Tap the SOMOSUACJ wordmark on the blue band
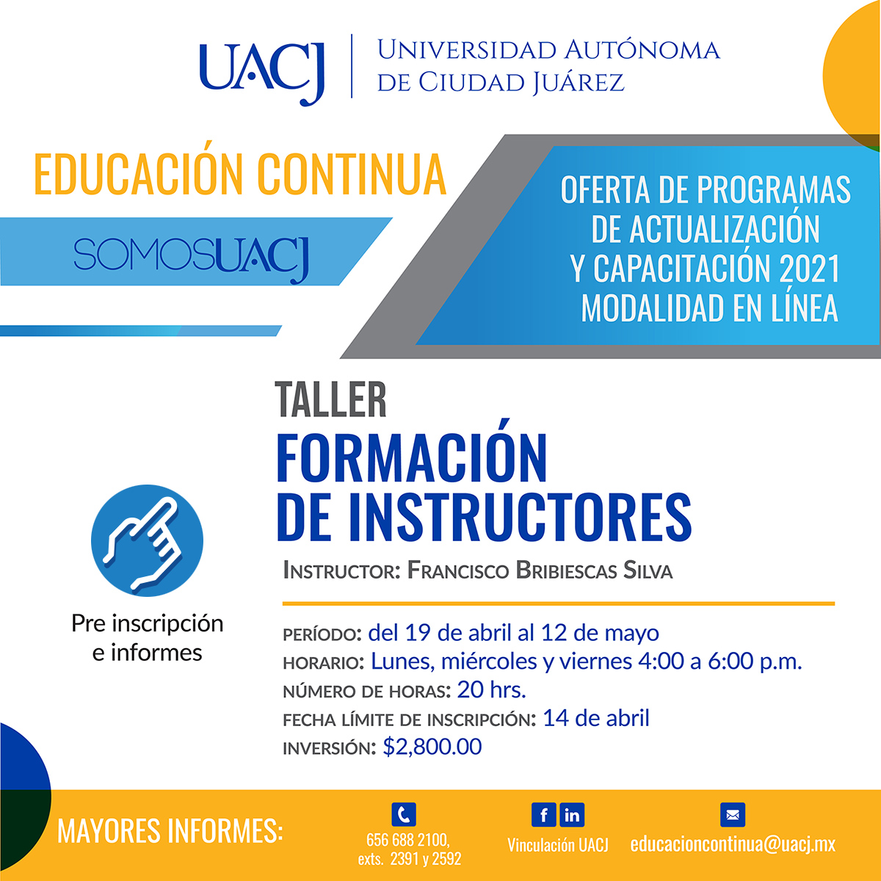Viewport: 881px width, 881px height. (192, 258)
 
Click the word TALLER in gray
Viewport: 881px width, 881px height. (330, 399)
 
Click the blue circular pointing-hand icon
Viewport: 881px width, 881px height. (148, 540)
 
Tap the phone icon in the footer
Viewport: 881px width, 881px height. (404, 814)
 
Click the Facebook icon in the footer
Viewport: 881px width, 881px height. (543, 815)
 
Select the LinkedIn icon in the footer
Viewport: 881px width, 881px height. (572, 815)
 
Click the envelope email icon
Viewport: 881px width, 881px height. (733, 815)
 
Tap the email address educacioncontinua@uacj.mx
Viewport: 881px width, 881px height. (733, 844)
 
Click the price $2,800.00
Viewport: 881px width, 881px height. (432, 747)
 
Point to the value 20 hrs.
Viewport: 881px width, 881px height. (491, 690)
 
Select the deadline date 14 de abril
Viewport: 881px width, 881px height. (595, 718)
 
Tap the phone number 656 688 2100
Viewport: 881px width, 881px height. (407, 840)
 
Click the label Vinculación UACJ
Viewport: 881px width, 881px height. (558, 845)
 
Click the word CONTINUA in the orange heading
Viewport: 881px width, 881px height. (352, 175)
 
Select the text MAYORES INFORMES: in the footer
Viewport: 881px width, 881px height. (170, 830)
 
